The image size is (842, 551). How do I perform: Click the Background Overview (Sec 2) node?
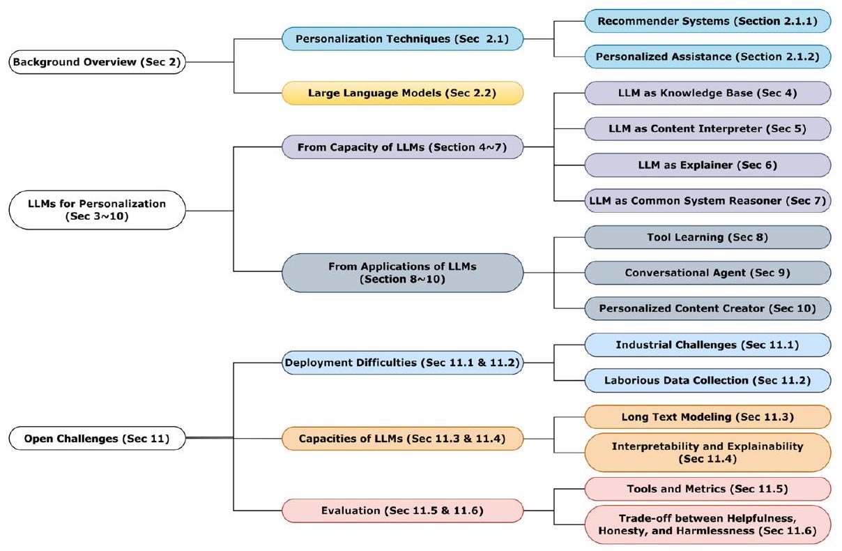pos(97,62)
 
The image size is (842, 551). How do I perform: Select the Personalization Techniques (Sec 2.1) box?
pos(402,39)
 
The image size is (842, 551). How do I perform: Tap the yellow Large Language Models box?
pos(402,93)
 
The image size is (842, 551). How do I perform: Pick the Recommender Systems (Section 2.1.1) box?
pos(707,21)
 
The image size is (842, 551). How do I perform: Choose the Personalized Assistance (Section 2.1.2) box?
pos(707,56)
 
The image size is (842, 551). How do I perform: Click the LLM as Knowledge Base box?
pos(707,93)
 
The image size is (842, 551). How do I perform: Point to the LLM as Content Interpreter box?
pos(707,129)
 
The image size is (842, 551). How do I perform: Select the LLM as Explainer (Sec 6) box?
pos(707,165)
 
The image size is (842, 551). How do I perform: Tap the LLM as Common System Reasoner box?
pos(707,201)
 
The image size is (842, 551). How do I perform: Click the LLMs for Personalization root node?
pos(97,210)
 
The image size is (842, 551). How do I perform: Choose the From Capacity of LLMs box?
pos(402,147)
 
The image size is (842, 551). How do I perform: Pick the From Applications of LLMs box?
pos(402,273)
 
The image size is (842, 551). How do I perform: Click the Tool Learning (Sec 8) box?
pos(707,237)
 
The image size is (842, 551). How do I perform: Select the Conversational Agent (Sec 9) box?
pos(707,273)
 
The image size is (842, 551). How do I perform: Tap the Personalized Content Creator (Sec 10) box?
pos(707,308)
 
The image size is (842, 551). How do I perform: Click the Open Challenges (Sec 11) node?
pos(97,439)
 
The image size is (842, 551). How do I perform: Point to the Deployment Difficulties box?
pos(402,362)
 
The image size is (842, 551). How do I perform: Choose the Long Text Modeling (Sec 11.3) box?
pos(707,417)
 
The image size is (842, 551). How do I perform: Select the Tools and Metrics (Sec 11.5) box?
pos(707,489)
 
